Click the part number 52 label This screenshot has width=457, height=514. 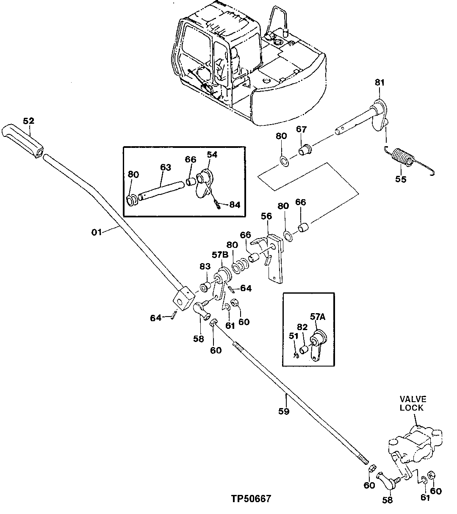(x=28, y=121)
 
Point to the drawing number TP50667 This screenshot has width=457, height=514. (x=251, y=499)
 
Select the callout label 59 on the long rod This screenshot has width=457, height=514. (x=283, y=411)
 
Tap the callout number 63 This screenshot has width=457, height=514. (x=165, y=167)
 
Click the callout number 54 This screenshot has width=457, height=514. (x=212, y=155)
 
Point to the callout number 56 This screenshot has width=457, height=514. (x=266, y=217)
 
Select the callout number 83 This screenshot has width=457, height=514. (x=205, y=266)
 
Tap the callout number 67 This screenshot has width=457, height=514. (x=301, y=129)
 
